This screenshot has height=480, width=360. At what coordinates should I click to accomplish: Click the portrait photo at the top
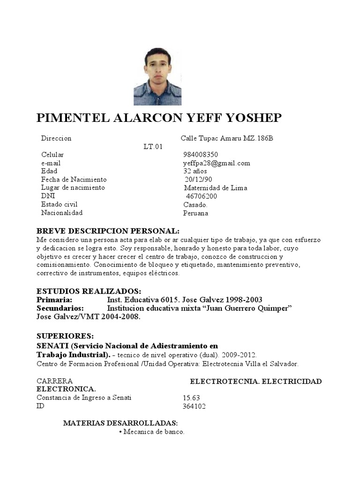(x=157, y=76)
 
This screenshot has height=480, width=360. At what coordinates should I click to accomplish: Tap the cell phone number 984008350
(x=201, y=155)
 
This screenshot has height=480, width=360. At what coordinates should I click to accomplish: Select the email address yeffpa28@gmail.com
(x=217, y=163)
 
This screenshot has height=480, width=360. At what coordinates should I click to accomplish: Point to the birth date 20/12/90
(x=198, y=180)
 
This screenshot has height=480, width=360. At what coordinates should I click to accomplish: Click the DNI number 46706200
(x=202, y=196)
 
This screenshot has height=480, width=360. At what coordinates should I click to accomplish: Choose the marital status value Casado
(x=195, y=205)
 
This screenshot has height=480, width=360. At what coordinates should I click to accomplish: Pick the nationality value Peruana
(x=195, y=213)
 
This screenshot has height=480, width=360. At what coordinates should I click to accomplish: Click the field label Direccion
(x=56, y=138)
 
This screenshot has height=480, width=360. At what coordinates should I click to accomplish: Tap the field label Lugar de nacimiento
(x=73, y=187)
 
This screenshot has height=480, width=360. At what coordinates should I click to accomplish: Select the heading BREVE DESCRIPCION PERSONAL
(x=108, y=232)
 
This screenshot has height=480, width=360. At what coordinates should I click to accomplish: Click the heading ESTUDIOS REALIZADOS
(x=89, y=291)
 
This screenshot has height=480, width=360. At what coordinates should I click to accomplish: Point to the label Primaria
(x=54, y=300)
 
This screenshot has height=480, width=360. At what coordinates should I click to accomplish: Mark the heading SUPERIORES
(x=65, y=336)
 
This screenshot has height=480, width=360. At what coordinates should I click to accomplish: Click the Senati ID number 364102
(x=194, y=406)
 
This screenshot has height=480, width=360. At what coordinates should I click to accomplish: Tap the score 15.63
(x=191, y=398)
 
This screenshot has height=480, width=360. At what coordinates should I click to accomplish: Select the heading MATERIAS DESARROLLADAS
(x=120, y=423)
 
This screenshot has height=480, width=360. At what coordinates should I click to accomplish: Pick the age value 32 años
(x=195, y=171)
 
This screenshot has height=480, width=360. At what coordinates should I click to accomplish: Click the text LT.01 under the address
(x=153, y=147)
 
